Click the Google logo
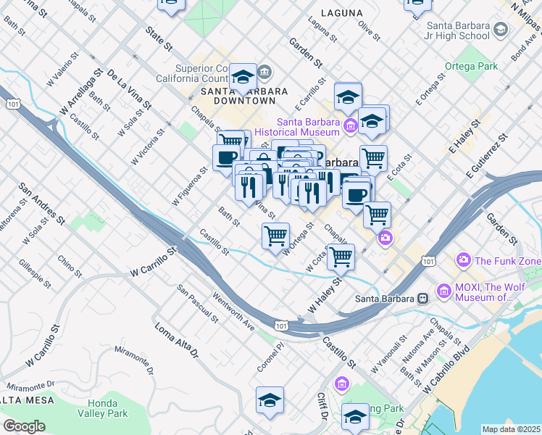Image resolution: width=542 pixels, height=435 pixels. pyautogui.click(x=24, y=426)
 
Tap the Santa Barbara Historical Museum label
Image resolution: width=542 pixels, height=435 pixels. pyautogui.click(x=307, y=127)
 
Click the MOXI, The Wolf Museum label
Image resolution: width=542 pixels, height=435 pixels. pyautogui.click(x=497, y=292)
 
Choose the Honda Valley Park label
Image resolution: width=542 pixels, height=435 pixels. pyautogui.click(x=101, y=408)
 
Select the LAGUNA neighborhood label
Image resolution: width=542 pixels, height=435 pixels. pyautogui.click(x=341, y=12)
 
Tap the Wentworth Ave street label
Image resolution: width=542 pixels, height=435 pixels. pyautogui.click(x=233, y=310)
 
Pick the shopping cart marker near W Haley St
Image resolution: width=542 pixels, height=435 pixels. pyautogui.click(x=340, y=255)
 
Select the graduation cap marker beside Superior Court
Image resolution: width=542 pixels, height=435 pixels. pyautogui.click(x=243, y=76)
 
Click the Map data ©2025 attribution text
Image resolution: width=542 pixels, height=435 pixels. pyautogui.click(x=511, y=429)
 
